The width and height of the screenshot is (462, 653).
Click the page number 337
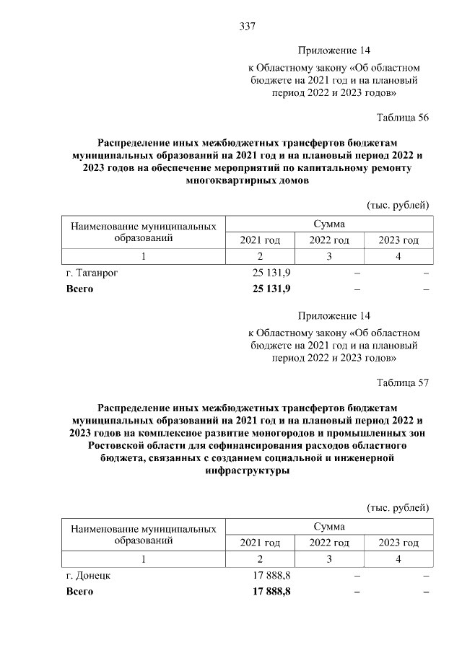(x=248, y=27)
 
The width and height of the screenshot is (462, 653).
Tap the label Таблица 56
(x=403, y=118)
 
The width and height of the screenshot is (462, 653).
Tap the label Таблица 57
(x=403, y=382)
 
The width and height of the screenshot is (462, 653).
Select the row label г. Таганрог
(x=92, y=274)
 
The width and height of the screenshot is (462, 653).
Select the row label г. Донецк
(x=87, y=576)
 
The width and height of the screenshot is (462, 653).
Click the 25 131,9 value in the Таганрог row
(x=271, y=274)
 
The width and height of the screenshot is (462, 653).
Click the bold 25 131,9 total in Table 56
(x=271, y=289)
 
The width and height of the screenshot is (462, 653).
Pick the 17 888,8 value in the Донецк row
(x=271, y=576)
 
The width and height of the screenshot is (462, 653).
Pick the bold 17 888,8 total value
(x=271, y=592)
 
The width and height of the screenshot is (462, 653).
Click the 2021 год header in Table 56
(x=260, y=240)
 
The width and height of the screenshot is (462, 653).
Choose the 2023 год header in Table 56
(x=398, y=240)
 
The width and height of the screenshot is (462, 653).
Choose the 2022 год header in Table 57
(x=329, y=543)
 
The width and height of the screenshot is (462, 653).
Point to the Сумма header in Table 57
(x=329, y=527)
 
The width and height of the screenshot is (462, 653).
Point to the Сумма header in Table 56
(x=329, y=224)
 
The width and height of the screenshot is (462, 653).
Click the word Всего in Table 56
(x=79, y=289)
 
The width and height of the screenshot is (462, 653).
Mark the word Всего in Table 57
(x=79, y=592)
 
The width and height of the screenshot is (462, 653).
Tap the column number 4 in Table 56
(x=398, y=256)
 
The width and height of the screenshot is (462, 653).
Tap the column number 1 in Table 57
(x=143, y=558)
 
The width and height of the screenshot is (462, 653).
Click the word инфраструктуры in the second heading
(x=248, y=471)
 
